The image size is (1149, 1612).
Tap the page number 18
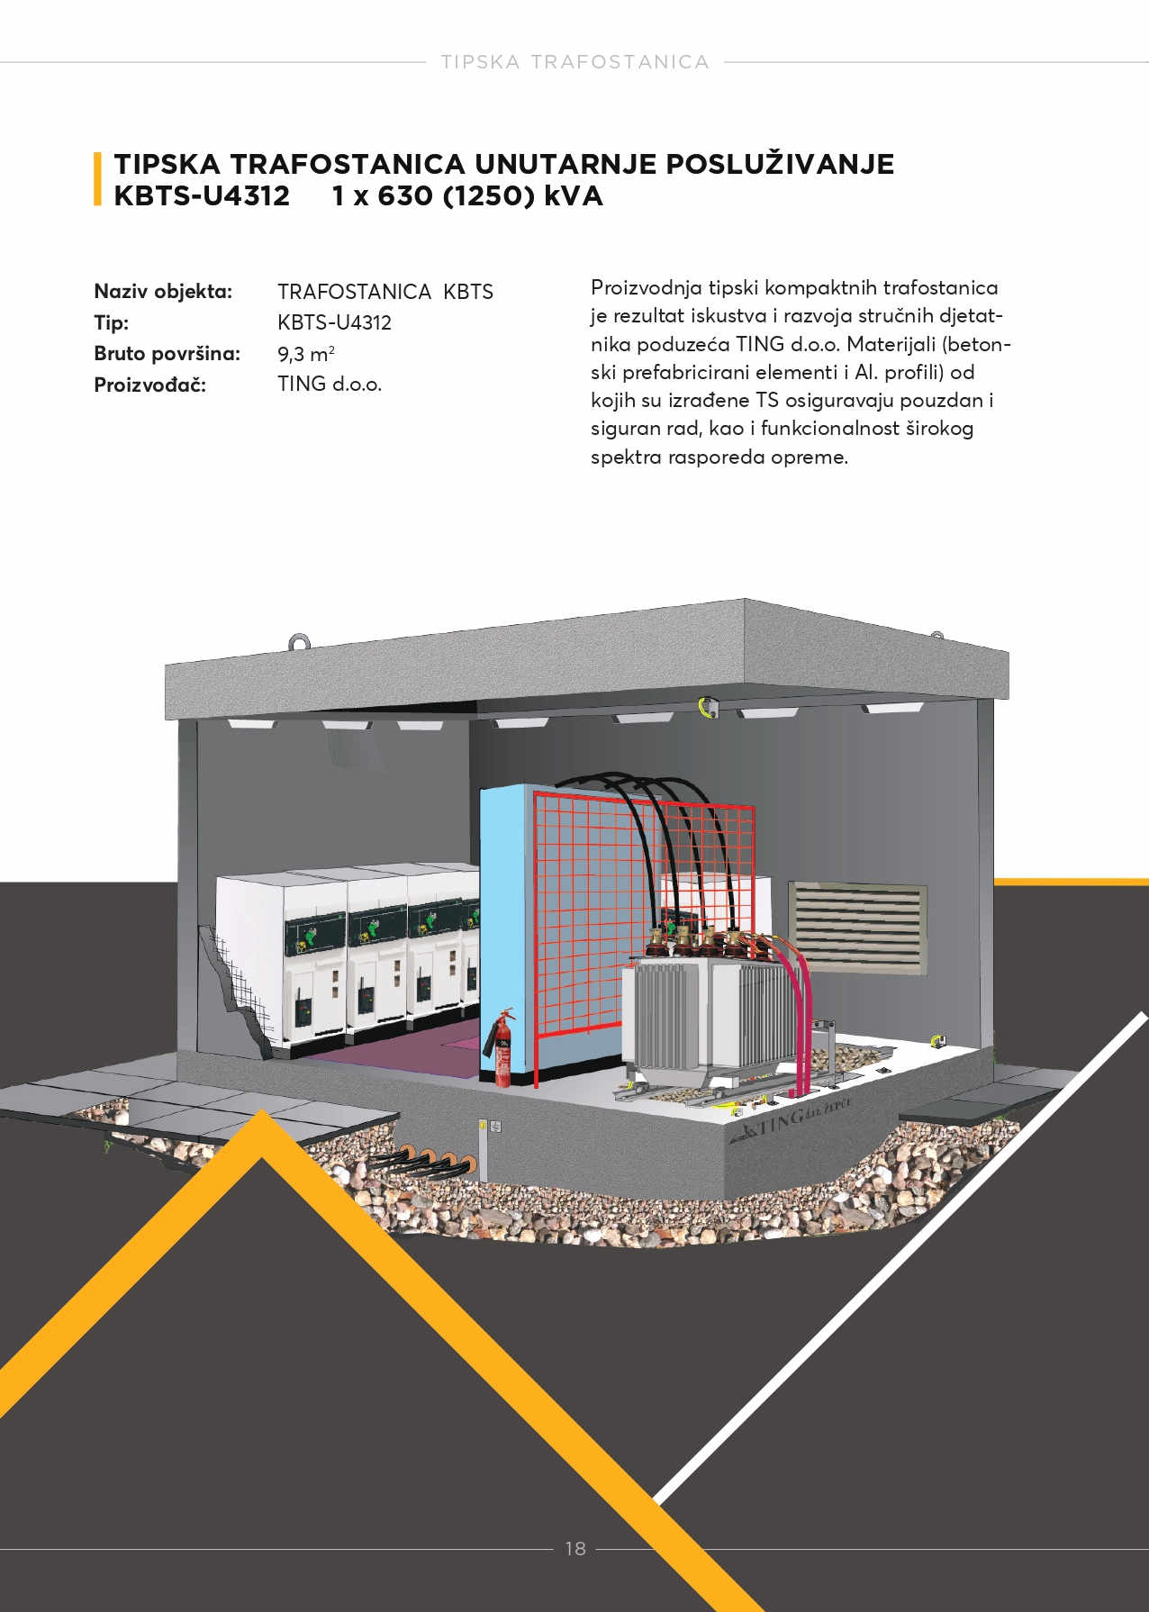pyautogui.click(x=575, y=1548)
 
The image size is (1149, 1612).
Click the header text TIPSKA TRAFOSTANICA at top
pyautogui.click(x=574, y=62)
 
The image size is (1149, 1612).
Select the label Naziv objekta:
pyautogui.click(x=163, y=291)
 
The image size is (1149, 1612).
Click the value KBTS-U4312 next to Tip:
pyautogui.click(x=334, y=322)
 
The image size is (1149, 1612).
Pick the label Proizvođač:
pyautogui.click(x=149, y=385)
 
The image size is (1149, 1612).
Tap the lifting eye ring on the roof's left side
pyautogui.click(x=300, y=643)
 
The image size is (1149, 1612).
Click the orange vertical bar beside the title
pyautogui.click(x=97, y=179)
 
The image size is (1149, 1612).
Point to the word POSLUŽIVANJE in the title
pyautogui.click(x=780, y=164)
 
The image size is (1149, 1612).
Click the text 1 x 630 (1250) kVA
pyautogui.click(x=466, y=195)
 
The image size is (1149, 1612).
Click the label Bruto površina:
pyautogui.click(x=167, y=353)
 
